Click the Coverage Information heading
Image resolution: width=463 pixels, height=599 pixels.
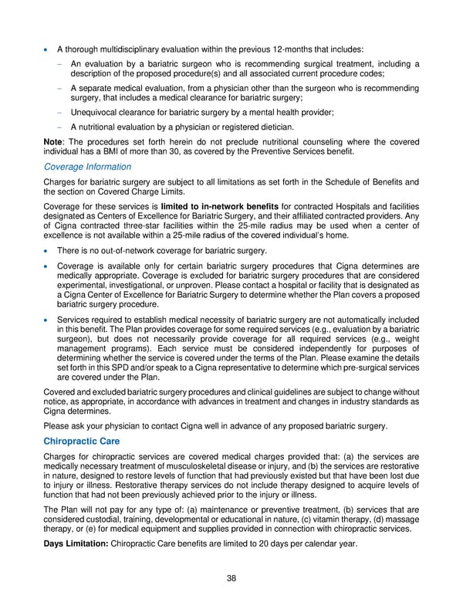(87, 167)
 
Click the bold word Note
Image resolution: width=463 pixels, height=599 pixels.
(56, 142)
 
